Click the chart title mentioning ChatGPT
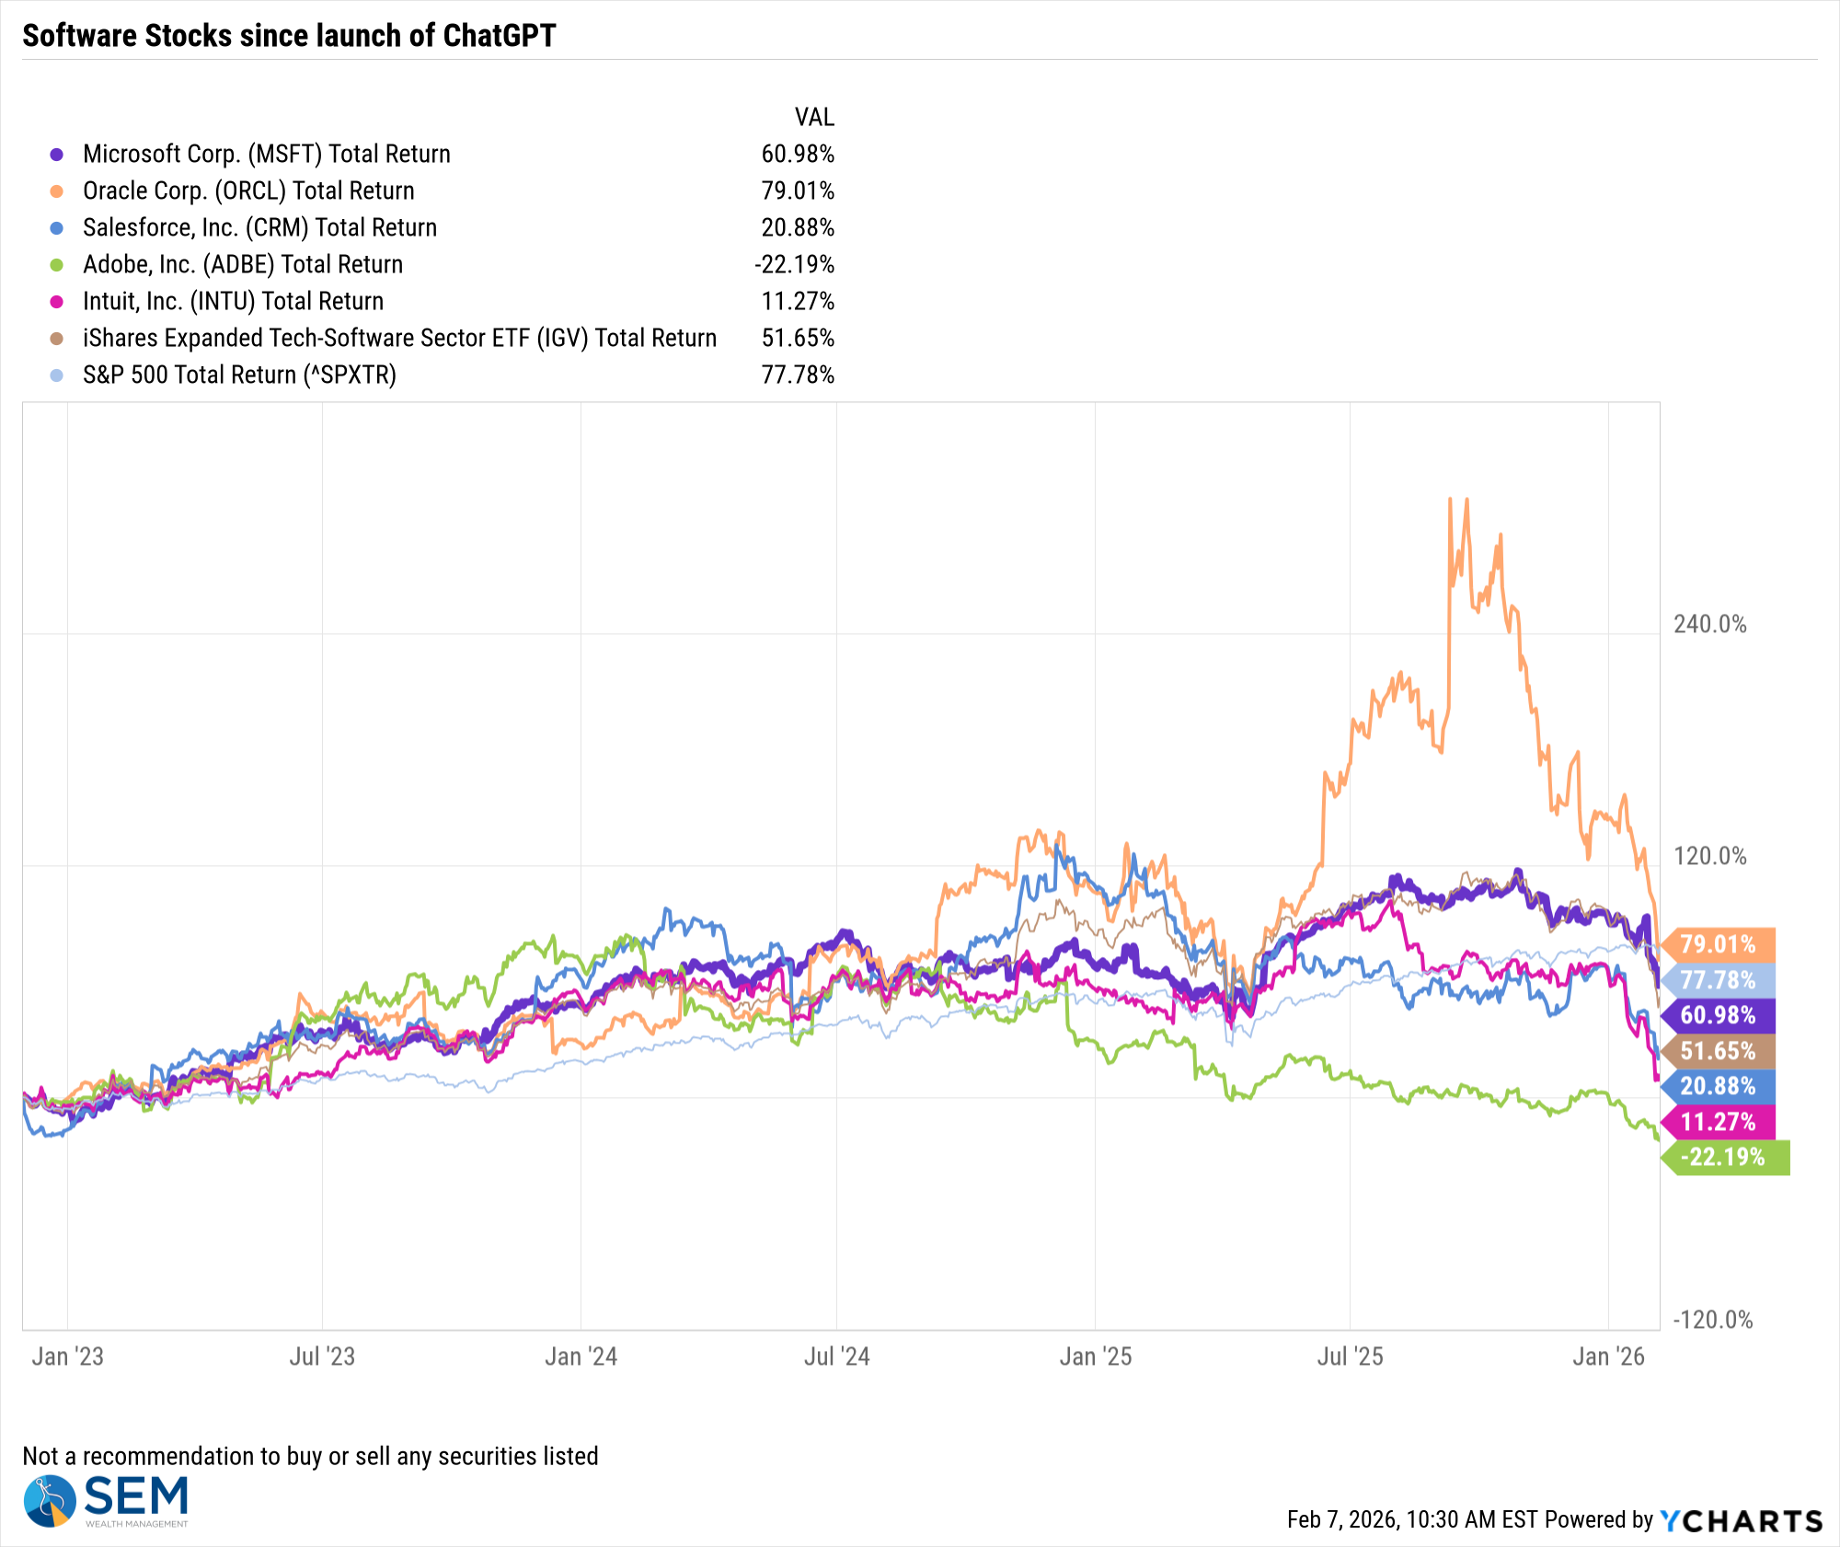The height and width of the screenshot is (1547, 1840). click(x=289, y=36)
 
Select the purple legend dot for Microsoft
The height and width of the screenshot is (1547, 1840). click(x=57, y=155)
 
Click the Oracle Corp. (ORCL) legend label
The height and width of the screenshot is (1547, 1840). click(x=248, y=190)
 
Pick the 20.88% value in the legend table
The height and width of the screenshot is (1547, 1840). click(x=797, y=227)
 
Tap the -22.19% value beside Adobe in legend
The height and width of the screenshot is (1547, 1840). click(x=794, y=264)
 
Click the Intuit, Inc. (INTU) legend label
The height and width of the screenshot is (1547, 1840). click(x=233, y=301)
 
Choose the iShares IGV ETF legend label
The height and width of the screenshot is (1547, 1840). click(x=399, y=338)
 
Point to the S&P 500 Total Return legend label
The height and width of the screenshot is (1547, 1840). click(x=239, y=375)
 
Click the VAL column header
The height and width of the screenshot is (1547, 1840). click(x=814, y=117)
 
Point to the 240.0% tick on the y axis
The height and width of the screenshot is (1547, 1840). click(x=1709, y=624)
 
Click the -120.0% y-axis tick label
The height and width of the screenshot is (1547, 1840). click(x=1712, y=1320)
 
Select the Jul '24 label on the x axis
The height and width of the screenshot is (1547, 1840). click(x=836, y=1357)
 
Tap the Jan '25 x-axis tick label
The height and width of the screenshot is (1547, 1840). click(x=1095, y=1357)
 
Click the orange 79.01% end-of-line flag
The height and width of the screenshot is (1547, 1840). click(x=1718, y=944)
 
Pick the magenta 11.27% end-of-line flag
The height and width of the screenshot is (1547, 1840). click(x=1718, y=1122)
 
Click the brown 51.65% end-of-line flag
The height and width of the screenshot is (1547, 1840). click(x=1718, y=1051)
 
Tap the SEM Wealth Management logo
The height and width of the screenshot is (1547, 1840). click(x=106, y=1501)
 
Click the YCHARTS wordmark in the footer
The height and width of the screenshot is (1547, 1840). click(x=1742, y=1520)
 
